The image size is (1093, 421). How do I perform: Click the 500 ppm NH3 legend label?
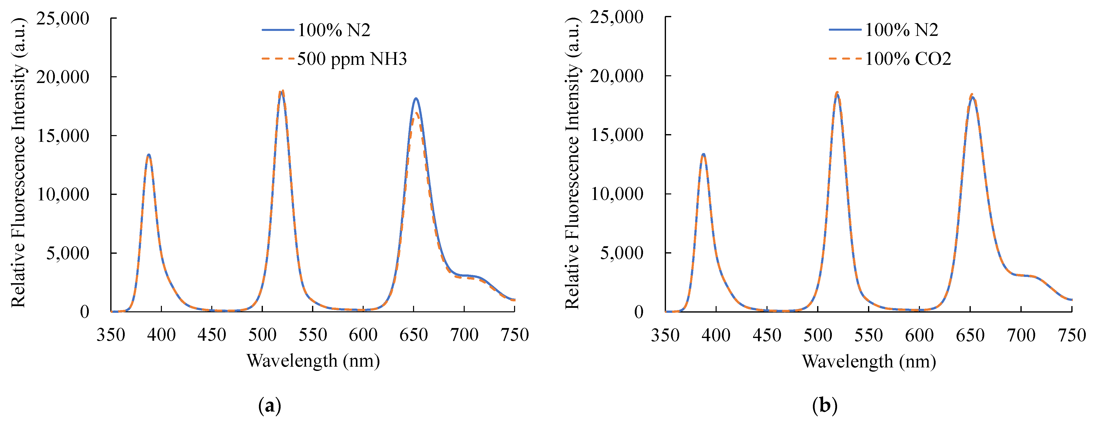click(352, 59)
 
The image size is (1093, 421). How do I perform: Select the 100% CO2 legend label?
click(908, 59)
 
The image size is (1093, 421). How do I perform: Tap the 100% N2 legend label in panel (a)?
click(333, 30)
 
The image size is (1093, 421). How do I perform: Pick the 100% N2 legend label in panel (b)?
click(901, 30)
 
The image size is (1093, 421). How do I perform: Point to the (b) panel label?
click(824, 406)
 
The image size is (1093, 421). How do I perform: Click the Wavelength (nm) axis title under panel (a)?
click(313, 361)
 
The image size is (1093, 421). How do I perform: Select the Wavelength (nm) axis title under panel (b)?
click(869, 362)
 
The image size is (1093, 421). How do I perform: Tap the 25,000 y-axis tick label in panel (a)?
click(63, 19)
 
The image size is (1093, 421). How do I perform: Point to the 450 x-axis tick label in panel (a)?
click(212, 335)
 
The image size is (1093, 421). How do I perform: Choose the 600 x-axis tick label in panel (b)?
click(919, 335)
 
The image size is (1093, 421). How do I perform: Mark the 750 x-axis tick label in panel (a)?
click(515, 335)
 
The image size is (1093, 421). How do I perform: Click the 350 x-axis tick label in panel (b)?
click(665, 335)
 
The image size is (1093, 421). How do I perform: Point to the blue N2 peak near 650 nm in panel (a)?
click(416, 99)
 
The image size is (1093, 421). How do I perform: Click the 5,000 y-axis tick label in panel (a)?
click(68, 253)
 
